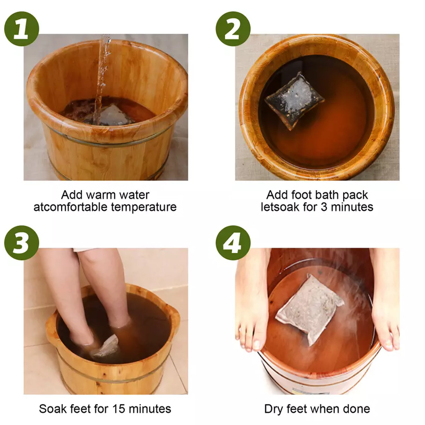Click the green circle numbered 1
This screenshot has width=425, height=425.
(x=22, y=29)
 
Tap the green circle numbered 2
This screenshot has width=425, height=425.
(x=233, y=29)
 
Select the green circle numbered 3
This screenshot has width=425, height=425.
(x=22, y=243)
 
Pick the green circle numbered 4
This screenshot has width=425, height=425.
(x=233, y=243)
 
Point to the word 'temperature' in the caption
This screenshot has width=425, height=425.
(x=143, y=208)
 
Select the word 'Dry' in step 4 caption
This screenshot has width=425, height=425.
(x=273, y=409)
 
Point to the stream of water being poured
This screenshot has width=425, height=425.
(x=101, y=79)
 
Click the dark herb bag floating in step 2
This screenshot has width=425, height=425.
(x=294, y=101)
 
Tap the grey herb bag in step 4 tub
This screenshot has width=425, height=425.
(x=310, y=309)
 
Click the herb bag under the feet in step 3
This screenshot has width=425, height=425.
(x=105, y=346)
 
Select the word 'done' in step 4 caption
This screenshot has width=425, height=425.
(x=356, y=409)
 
